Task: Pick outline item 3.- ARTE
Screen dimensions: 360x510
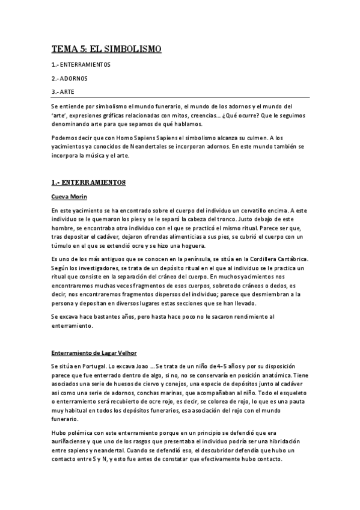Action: [65, 91]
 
